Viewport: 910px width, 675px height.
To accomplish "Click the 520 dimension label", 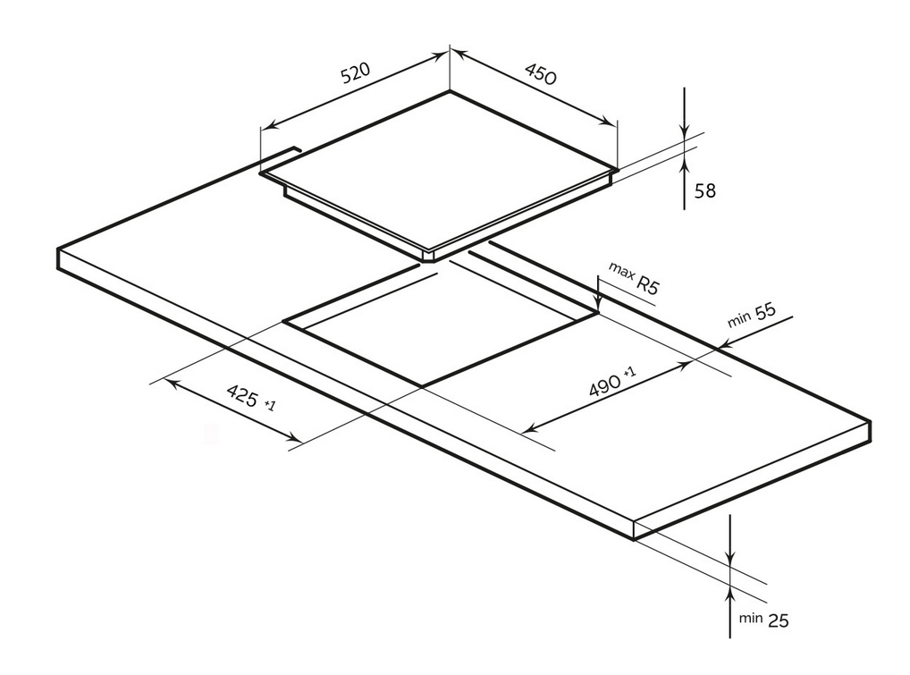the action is point(355,73).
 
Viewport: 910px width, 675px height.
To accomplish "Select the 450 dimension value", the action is point(540,73).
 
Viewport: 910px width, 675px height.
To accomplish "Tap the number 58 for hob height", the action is point(705,190).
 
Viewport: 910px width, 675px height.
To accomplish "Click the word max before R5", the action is point(621,270).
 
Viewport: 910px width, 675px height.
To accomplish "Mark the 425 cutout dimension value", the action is point(242,395).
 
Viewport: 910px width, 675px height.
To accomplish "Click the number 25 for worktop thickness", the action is point(779,620).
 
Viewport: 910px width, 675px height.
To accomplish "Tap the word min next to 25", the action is point(750,618).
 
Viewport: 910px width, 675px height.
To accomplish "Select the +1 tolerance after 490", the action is point(629,371).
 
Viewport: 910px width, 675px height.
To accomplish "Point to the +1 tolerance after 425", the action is point(269,404).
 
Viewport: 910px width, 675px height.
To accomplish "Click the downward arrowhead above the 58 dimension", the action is point(685,132).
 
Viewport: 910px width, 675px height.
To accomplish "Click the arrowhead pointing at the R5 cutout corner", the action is point(598,305).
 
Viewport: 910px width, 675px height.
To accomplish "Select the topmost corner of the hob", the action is point(450,91).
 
